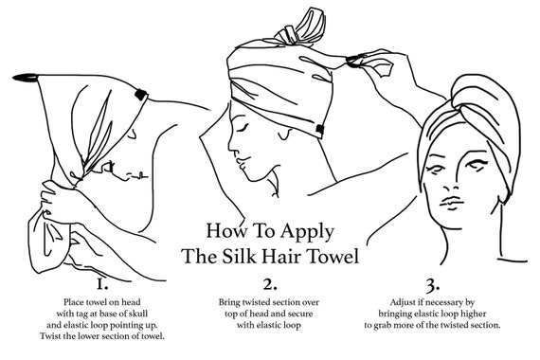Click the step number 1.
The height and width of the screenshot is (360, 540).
click(102, 284)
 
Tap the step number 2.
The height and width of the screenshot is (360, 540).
click(270, 284)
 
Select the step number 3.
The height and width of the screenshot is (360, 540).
click(433, 285)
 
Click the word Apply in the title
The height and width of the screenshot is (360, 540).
click(307, 232)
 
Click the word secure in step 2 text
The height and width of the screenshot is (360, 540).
click(300, 314)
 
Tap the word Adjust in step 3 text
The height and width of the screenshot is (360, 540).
click(402, 302)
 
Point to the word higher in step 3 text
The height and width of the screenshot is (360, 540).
click(475, 314)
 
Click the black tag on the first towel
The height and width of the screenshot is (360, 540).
click(141, 94)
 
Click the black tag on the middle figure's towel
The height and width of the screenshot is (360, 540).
click(320, 130)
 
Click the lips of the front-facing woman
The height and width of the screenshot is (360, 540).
click(452, 202)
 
